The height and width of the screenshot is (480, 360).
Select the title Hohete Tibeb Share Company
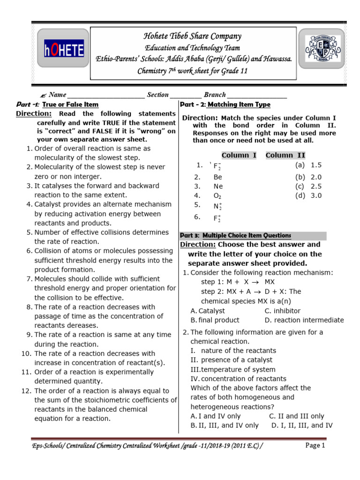coord(193,36)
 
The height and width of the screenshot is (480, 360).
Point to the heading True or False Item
coord(70,105)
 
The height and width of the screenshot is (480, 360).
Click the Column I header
coord(239,156)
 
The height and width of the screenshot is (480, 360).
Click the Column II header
coord(285,156)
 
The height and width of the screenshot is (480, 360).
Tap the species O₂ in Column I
coord(217,196)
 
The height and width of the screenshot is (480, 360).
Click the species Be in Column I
coord(217,177)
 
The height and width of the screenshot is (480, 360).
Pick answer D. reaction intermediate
coord(304,320)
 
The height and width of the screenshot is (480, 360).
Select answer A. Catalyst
coord(208,311)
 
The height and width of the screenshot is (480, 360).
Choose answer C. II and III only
coord(296,416)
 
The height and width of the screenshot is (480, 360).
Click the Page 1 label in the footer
coord(315,446)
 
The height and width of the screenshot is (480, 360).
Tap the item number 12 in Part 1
coord(25,391)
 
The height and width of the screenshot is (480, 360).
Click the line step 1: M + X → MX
coord(238,282)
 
